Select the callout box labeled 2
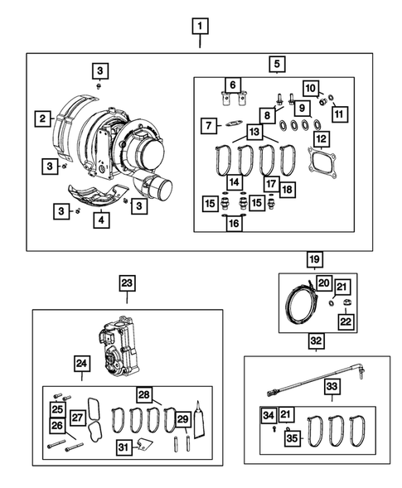[41, 119]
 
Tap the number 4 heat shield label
[100, 220]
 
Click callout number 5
[277, 62]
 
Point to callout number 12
[320, 138]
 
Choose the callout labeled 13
[254, 133]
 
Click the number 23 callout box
[126, 283]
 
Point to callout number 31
[122, 448]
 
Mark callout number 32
[317, 340]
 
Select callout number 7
[208, 125]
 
